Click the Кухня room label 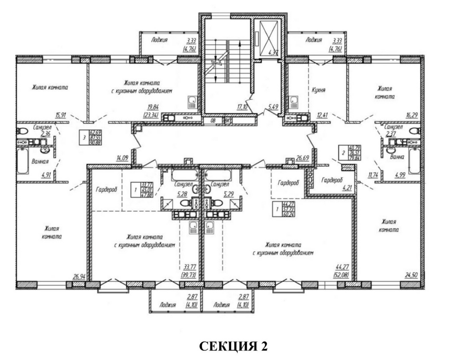(x=319, y=90)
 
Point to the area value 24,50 (x=411, y=275)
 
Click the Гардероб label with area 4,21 (x=332, y=180)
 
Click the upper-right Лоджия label (x=314, y=40)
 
